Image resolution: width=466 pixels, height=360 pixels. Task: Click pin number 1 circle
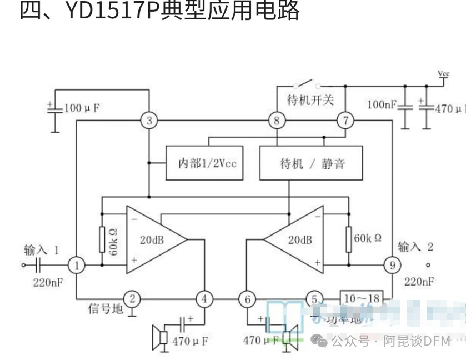[77, 266]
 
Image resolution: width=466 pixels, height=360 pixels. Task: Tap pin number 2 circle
[132, 299]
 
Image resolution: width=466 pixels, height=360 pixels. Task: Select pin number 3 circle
[149, 120]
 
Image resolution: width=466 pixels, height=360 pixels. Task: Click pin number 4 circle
[204, 299]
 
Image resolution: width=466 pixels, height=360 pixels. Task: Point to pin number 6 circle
[247, 299]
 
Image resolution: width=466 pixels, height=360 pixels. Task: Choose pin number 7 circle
[345, 120]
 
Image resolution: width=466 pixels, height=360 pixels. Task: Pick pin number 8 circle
[276, 120]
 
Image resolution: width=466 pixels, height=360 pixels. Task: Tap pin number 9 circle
[392, 266]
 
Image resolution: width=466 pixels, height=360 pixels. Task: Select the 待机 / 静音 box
[312, 163]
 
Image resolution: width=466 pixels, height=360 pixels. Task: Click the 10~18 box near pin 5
[361, 299]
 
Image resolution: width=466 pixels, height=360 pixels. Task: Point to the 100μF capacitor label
[82, 108]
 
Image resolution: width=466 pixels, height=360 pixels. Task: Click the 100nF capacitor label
[382, 104]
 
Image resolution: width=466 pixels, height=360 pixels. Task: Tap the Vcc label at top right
[444, 73]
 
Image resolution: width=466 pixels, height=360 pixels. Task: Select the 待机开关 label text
[310, 100]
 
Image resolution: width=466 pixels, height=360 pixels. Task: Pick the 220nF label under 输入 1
[48, 282]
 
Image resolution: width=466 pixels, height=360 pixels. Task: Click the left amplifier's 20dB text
[152, 240]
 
